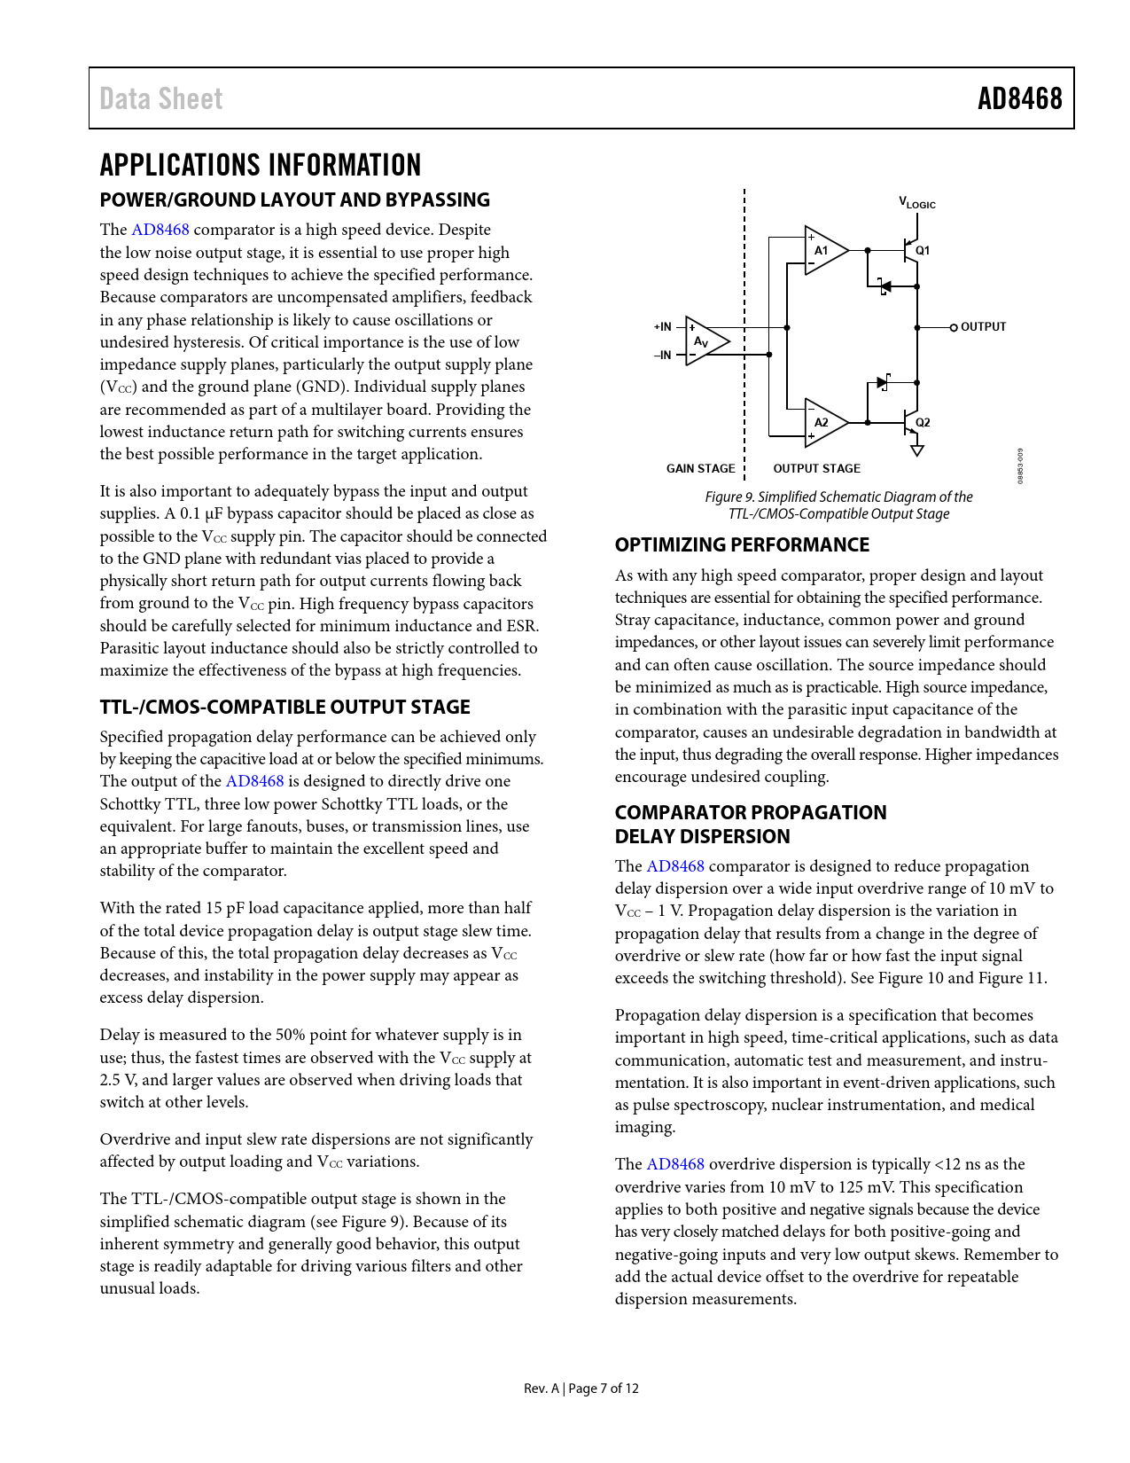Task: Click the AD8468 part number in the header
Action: (x=1019, y=98)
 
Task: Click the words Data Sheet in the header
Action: (x=161, y=98)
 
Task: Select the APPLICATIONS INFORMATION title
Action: (x=261, y=165)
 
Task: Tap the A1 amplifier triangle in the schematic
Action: (x=823, y=250)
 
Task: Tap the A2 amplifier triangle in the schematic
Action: (x=823, y=422)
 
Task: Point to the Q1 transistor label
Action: (x=923, y=251)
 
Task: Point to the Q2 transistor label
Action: (x=923, y=423)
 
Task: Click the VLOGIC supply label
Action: (x=917, y=203)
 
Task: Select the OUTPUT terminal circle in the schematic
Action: (x=954, y=327)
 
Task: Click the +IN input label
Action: (x=663, y=327)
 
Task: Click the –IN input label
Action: (x=663, y=356)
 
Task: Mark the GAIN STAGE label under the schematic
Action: (x=700, y=469)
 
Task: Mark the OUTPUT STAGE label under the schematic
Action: (x=816, y=469)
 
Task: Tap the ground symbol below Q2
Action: (x=917, y=450)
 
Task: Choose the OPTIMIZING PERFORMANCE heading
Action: (x=742, y=545)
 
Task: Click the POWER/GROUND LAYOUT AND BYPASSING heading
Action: (x=294, y=200)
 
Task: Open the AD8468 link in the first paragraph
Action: (x=160, y=230)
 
